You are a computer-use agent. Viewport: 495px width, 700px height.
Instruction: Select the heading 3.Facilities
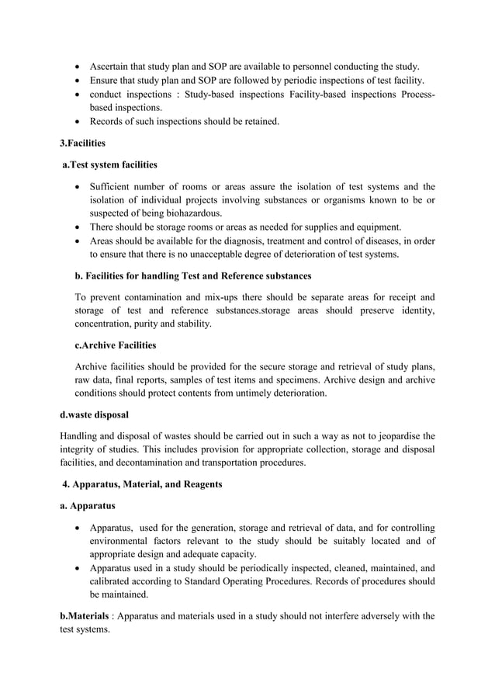pos(85,144)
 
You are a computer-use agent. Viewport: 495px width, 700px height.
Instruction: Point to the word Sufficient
pos(114,186)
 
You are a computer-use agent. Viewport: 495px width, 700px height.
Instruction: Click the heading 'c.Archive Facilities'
pos(115,345)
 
